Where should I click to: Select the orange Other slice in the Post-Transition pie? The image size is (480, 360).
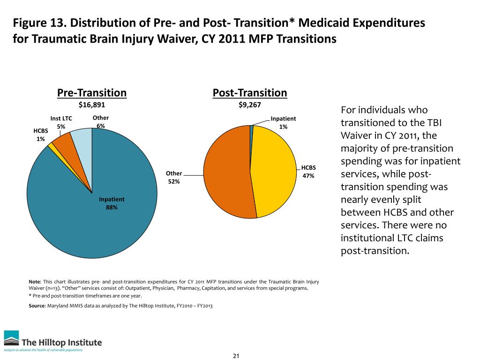click(x=225, y=173)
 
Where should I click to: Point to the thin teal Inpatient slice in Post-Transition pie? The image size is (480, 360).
click(x=252, y=127)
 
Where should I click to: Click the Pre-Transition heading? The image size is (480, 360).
click(x=92, y=93)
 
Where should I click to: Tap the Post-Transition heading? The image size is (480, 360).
click(x=250, y=93)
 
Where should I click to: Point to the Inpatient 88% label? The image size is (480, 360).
click(x=112, y=203)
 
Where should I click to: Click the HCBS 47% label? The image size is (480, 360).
click(x=308, y=172)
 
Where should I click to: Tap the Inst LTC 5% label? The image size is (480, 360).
click(x=61, y=123)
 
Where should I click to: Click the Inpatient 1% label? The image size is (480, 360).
click(x=283, y=123)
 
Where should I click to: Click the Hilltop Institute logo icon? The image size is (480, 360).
click(x=12, y=338)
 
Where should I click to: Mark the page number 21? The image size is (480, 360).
click(x=236, y=356)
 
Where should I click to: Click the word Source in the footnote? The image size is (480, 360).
click(x=37, y=305)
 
